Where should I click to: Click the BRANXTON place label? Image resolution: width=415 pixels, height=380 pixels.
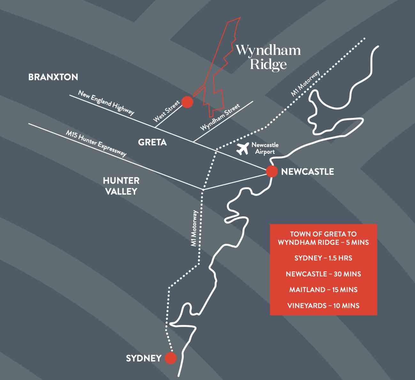click(x=53, y=77)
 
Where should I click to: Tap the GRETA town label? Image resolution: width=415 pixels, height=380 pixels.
click(x=152, y=142)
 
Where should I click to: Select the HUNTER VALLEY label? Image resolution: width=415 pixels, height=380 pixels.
click(x=121, y=186)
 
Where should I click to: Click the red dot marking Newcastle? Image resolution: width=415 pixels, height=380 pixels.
click(x=272, y=171)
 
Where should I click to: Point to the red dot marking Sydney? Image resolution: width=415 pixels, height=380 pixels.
click(x=171, y=358)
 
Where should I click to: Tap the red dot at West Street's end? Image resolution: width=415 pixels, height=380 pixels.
click(x=187, y=102)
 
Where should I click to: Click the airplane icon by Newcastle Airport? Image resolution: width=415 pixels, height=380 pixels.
click(x=243, y=149)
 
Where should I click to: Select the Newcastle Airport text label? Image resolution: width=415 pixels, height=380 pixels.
click(x=265, y=148)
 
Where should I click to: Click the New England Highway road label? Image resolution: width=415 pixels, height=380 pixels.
click(x=106, y=103)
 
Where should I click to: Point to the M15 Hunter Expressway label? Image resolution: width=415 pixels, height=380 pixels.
click(x=96, y=143)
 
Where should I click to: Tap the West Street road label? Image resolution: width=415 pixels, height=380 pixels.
click(x=166, y=111)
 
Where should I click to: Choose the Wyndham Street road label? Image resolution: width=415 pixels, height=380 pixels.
click(x=220, y=117)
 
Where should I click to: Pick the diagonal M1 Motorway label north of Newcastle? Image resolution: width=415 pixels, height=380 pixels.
click(x=305, y=84)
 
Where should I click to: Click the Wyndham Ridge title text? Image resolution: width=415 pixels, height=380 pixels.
click(x=268, y=57)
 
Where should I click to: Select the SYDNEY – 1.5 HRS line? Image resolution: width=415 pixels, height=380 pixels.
click(x=323, y=258)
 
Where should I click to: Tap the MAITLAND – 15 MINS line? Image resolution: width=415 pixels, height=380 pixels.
click(x=323, y=290)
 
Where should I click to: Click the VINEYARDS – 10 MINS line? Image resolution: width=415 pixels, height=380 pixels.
click(x=323, y=306)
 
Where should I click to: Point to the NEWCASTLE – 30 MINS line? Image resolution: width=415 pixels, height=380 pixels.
click(x=323, y=274)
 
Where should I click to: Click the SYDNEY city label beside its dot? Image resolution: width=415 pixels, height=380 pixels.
click(x=143, y=358)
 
